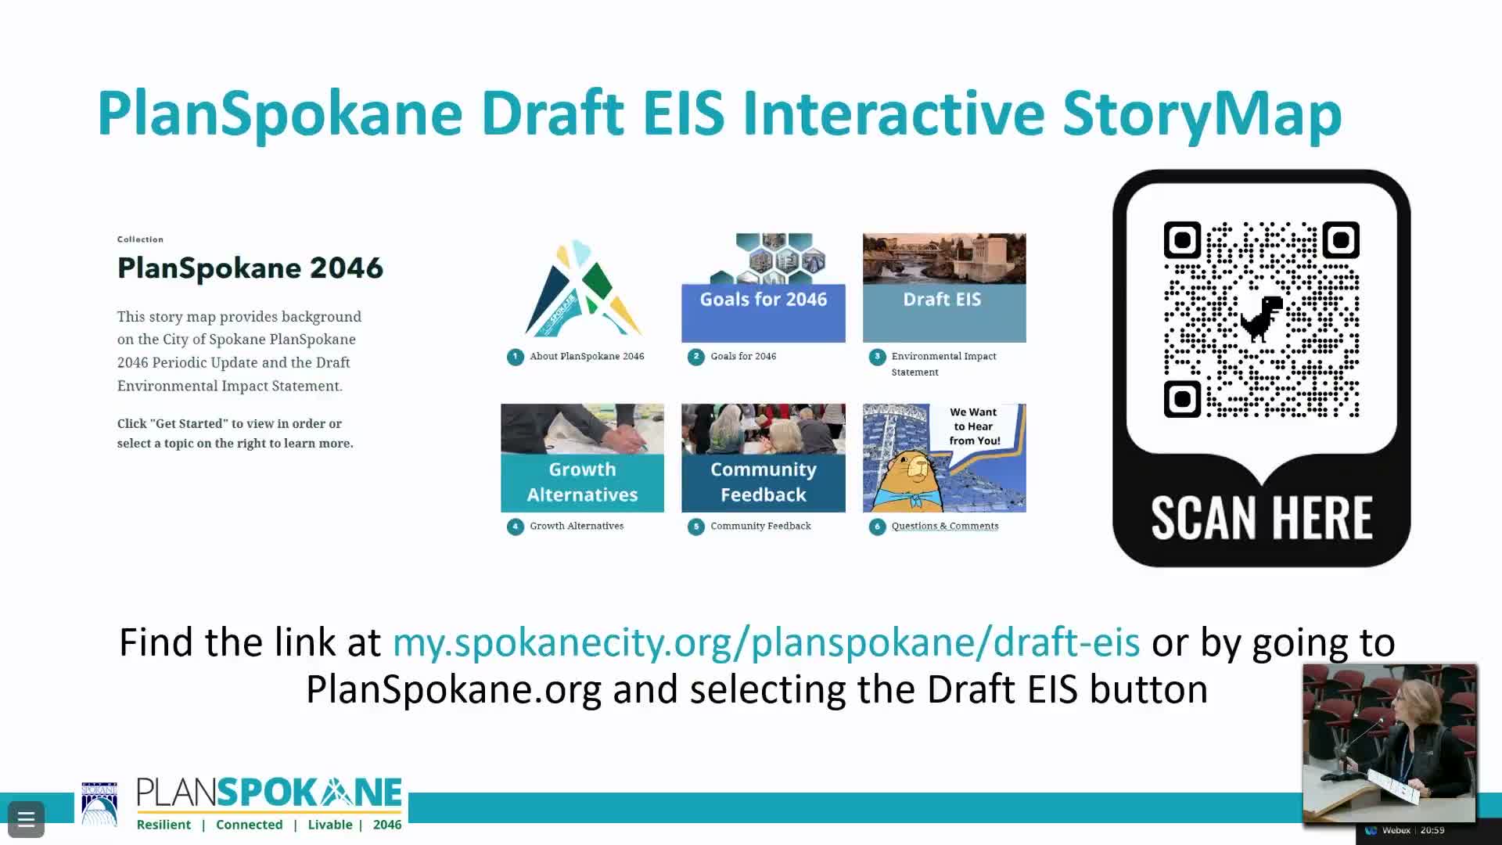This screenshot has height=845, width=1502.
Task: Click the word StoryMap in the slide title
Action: click(x=1202, y=114)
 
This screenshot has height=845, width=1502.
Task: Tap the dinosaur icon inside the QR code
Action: click(x=1261, y=318)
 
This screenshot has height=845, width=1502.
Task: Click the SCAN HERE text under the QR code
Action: click(x=1261, y=518)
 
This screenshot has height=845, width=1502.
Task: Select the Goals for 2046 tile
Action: click(x=763, y=288)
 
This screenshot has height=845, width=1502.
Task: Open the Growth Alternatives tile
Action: click(x=582, y=458)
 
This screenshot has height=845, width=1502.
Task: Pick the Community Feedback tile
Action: click(x=763, y=458)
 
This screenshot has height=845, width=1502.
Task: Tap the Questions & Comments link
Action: click(x=944, y=526)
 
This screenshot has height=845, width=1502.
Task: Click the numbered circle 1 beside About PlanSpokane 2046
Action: click(x=515, y=357)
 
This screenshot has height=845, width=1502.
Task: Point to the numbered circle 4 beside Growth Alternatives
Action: click(x=515, y=527)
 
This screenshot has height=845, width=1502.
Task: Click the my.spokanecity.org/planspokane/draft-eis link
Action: click(x=766, y=642)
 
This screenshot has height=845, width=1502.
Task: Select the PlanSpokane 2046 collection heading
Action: click(x=250, y=268)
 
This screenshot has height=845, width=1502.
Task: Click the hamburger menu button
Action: click(x=26, y=819)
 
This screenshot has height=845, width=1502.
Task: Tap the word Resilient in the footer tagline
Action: click(x=163, y=825)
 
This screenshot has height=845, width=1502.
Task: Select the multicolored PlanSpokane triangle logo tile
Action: click(x=582, y=288)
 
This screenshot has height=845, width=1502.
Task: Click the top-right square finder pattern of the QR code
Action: click(x=1340, y=240)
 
